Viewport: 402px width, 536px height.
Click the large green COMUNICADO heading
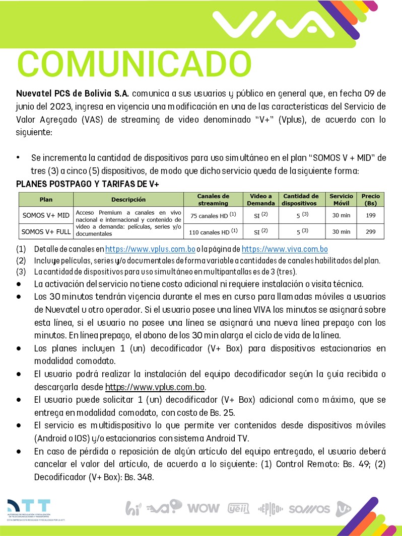pyautogui.click(x=134, y=64)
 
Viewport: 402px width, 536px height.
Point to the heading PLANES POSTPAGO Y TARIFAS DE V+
pyautogui.click(x=88, y=184)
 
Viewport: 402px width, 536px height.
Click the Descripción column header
pyautogui.click(x=128, y=200)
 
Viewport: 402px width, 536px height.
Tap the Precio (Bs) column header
pyautogui.click(x=370, y=200)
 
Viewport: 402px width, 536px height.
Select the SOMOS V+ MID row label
pyautogui.click(x=46, y=215)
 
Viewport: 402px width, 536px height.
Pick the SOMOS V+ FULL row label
pyautogui.click(x=46, y=232)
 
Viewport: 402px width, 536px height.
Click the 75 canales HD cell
pyautogui.click(x=213, y=215)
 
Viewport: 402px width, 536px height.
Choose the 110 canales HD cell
pyautogui.click(x=213, y=232)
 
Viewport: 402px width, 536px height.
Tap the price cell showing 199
pyautogui.click(x=370, y=215)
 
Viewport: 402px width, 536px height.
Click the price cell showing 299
pyautogui.click(x=370, y=232)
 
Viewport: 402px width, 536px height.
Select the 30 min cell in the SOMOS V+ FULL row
pyautogui.click(x=341, y=232)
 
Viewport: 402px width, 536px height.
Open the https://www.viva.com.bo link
pyautogui.click(x=285, y=249)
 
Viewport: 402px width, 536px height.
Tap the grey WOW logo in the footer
pyautogui.click(x=203, y=508)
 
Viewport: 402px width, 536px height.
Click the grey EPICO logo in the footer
pyautogui.click(x=271, y=508)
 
